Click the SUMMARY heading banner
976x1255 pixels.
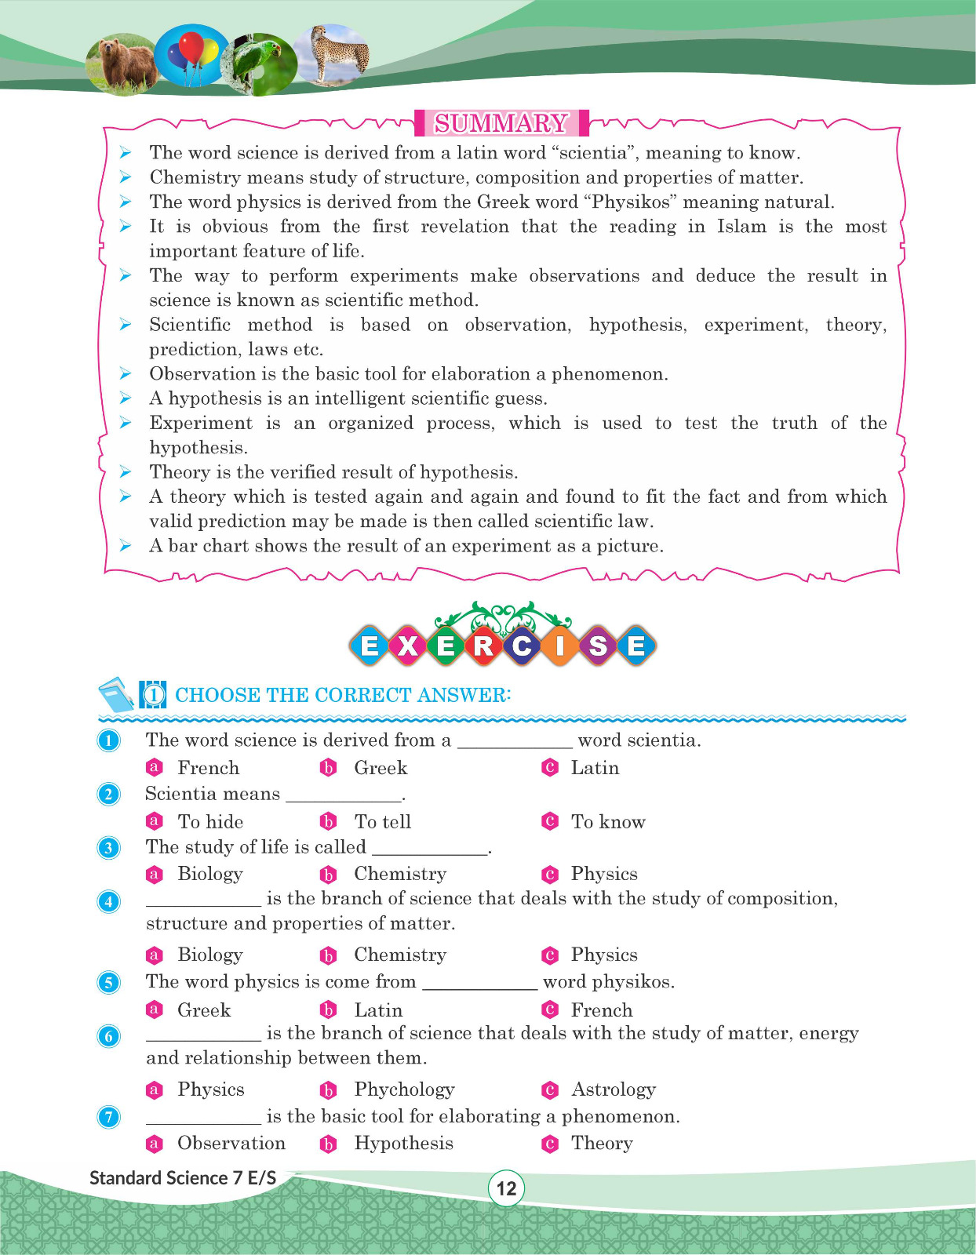501,123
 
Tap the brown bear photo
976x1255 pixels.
122,63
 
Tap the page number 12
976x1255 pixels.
506,1188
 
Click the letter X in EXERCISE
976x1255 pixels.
408,646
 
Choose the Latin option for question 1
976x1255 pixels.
594,768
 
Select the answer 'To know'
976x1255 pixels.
607,821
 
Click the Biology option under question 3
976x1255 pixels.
209,874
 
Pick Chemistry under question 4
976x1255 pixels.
399,955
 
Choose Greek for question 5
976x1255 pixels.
203,1010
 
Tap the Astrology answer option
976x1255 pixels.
613,1089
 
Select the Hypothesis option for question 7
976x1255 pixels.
403,1144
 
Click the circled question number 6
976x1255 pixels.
108,1036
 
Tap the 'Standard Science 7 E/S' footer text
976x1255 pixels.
183,1177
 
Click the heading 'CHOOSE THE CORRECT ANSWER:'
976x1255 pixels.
342,695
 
